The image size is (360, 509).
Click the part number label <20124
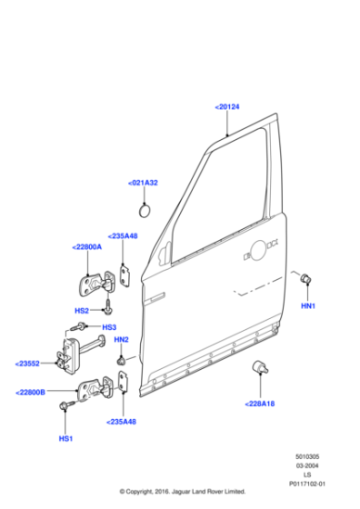point(227,107)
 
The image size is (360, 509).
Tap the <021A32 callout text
point(143,183)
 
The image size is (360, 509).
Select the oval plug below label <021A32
point(144,211)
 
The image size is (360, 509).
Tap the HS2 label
point(81,310)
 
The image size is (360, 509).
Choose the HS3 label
point(108,327)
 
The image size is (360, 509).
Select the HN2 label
point(122,340)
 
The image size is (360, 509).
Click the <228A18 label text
point(259,404)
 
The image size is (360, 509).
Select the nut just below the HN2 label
point(120,360)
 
